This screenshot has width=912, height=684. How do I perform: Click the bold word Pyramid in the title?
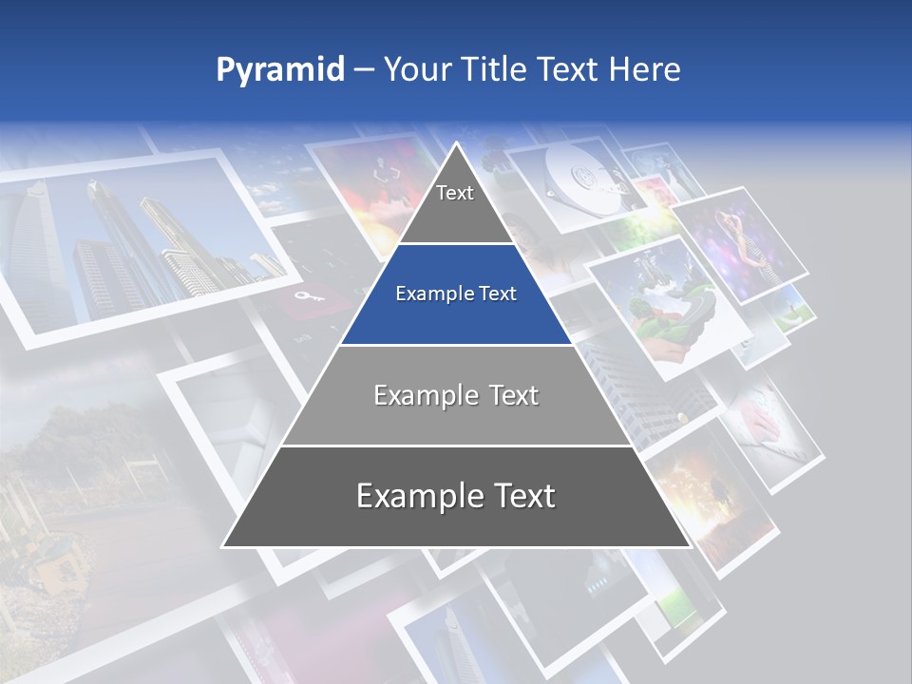coord(280,70)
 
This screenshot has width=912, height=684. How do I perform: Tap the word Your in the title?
coord(420,69)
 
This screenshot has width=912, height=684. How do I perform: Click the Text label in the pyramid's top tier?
coord(455,193)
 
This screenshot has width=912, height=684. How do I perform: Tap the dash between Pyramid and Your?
coord(364,70)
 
